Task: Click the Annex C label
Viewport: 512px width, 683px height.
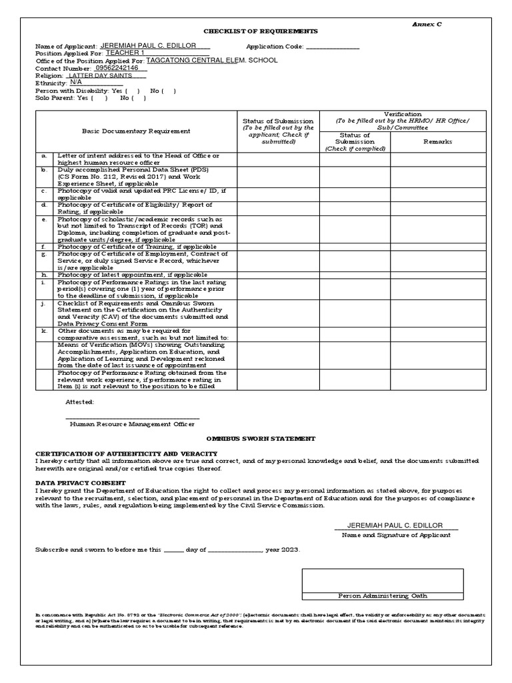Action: (x=428, y=23)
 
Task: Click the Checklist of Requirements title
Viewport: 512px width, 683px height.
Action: (x=251, y=31)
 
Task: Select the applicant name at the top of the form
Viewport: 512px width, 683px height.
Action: (x=155, y=46)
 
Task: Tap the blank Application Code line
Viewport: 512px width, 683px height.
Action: (x=332, y=47)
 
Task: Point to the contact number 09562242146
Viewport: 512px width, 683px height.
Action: (x=117, y=68)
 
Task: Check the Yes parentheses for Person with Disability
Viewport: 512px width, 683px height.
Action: (x=132, y=90)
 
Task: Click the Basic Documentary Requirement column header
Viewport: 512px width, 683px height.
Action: (x=136, y=131)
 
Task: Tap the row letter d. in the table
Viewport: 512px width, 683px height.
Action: (x=44, y=205)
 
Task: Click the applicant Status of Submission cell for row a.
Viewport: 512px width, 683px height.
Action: (x=278, y=159)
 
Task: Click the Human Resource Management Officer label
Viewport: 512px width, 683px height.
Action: (x=132, y=424)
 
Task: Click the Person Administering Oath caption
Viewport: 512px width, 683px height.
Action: (x=383, y=596)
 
